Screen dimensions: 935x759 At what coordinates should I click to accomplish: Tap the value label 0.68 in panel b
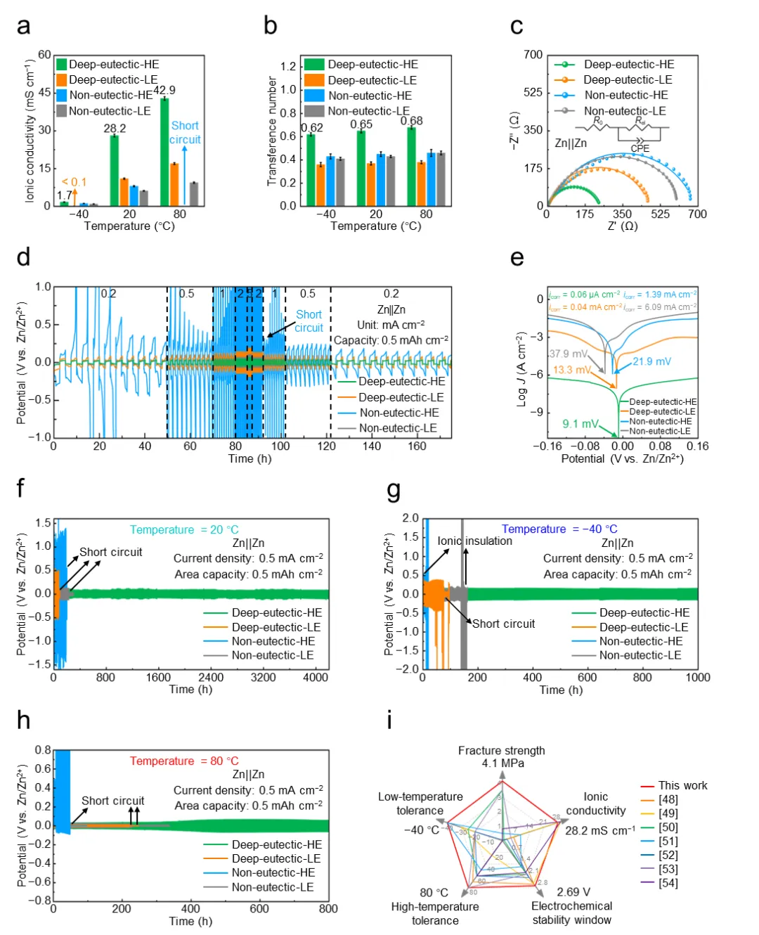point(412,121)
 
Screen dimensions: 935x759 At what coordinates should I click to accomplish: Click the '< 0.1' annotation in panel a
point(74,182)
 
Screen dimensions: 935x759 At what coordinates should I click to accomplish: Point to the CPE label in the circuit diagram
point(640,148)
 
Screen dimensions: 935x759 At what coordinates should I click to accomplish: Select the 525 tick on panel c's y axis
point(533,92)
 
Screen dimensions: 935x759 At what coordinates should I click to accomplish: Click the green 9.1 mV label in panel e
point(580,424)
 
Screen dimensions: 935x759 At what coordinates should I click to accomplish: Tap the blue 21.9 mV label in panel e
point(651,361)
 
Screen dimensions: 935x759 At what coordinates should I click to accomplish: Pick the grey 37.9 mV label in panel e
point(569,354)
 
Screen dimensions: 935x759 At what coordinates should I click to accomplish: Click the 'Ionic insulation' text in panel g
point(474,541)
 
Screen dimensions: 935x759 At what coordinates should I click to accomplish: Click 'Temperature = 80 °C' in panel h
point(184,761)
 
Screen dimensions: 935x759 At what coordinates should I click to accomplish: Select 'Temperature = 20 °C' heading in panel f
point(184,529)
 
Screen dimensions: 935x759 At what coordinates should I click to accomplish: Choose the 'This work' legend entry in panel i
point(682,785)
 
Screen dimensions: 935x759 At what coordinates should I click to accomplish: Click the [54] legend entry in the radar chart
point(668,882)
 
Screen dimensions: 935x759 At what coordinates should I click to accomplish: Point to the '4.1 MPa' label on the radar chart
point(502,763)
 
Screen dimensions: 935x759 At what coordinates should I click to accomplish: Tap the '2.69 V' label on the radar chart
point(573,892)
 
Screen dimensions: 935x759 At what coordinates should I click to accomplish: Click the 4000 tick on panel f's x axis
point(316,677)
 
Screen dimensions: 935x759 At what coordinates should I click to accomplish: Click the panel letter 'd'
point(23,257)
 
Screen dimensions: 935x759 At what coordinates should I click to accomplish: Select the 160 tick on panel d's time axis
point(417,446)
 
